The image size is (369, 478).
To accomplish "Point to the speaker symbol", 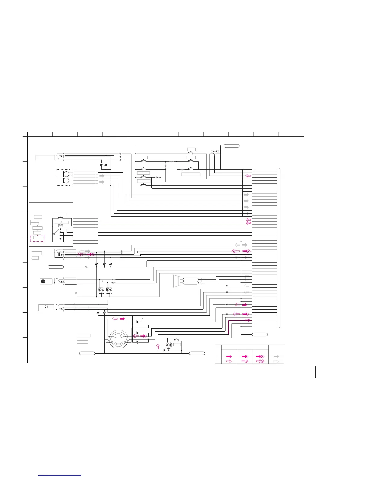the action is coord(176,281).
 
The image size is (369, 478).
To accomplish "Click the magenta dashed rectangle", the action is coord(37,238).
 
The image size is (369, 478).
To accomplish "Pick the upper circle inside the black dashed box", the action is coord(66,174).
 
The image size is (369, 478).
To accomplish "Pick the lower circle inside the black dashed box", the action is coord(66,180).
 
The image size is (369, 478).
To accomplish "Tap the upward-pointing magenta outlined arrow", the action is coord(157,346).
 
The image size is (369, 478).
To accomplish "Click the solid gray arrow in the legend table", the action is coord(276,357).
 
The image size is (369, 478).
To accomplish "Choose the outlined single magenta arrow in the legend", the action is coord(229,361).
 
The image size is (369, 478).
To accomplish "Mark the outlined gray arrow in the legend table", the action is coord(276,361).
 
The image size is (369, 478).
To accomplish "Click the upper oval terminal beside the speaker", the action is coord(191,279).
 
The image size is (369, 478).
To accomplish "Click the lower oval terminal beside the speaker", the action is coord(191,283).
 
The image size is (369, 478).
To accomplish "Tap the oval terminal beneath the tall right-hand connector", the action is coord(260,334).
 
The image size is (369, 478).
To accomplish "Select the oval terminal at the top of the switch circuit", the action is coord(232,146).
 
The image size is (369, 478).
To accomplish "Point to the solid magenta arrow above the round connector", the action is coord(122,319).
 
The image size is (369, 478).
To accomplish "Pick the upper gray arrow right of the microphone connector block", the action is coord(102,176).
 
